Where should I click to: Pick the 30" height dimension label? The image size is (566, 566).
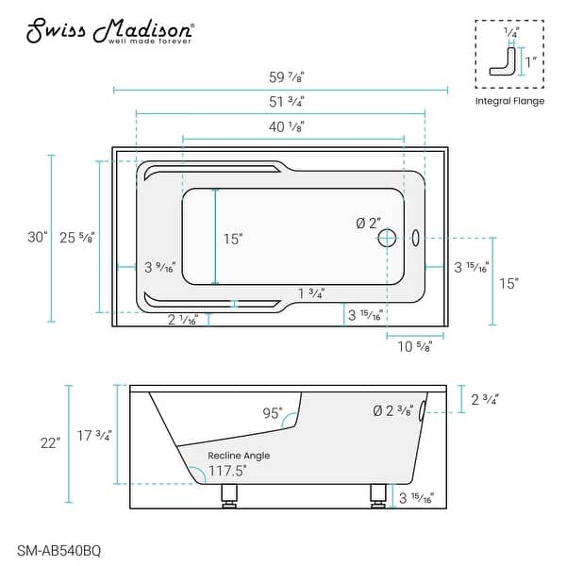(38, 238)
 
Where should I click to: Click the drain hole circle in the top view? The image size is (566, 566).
(387, 239)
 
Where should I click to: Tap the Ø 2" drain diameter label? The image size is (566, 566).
(368, 223)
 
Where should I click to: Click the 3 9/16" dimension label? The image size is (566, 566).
(160, 268)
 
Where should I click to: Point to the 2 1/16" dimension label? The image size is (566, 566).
(181, 321)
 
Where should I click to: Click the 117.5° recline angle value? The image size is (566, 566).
(227, 469)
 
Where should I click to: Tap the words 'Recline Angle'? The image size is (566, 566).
(239, 456)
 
